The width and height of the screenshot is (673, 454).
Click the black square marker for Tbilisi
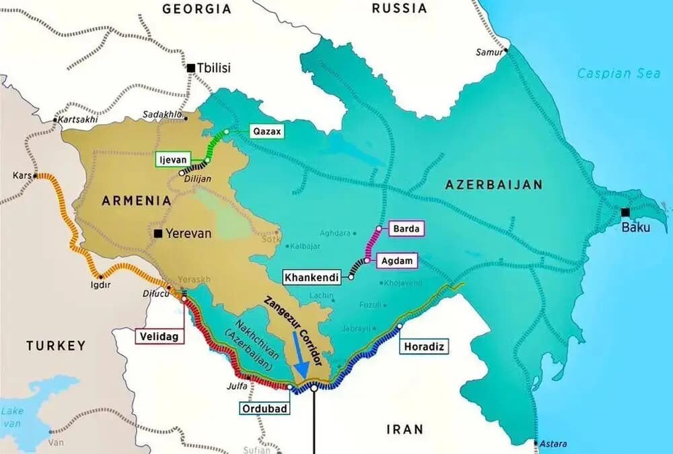pos(191,67)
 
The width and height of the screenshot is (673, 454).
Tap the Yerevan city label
pos(188,234)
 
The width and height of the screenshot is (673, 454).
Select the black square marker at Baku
pos(625,213)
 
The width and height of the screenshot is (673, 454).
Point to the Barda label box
pos(406,229)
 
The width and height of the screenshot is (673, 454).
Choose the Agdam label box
pos(398,261)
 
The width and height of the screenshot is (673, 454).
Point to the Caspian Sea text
pos(618,73)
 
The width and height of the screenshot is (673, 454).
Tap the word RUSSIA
pos(400,9)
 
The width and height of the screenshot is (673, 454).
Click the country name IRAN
pos(404,428)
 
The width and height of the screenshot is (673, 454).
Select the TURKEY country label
pos(56,346)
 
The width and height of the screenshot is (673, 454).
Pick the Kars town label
pos(22,176)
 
